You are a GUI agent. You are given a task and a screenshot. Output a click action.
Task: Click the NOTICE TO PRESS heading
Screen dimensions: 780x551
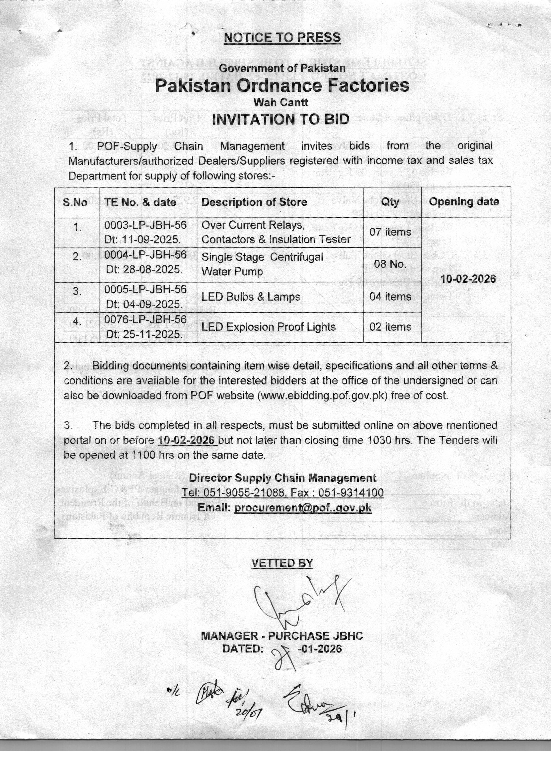(282, 37)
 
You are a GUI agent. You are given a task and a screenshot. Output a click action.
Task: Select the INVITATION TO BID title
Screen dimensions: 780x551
(280, 119)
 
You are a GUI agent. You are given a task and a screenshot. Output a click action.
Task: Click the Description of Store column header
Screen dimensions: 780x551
(254, 202)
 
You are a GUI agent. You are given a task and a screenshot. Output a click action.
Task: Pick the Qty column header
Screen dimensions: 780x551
(390, 202)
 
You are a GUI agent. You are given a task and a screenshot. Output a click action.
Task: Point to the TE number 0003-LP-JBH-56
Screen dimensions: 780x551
(145, 225)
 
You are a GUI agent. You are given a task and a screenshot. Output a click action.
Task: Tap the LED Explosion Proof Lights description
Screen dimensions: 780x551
(269, 327)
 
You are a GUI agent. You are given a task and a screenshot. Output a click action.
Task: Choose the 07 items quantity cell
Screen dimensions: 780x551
(390, 232)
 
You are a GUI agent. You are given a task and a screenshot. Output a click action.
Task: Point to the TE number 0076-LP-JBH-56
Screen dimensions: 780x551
(145, 319)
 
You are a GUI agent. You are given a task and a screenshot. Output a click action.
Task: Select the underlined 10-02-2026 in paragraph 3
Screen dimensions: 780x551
(187, 440)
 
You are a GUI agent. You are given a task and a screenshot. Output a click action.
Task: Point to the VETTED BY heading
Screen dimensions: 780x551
(282, 563)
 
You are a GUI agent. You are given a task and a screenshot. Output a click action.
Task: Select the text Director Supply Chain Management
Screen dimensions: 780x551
(282, 478)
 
